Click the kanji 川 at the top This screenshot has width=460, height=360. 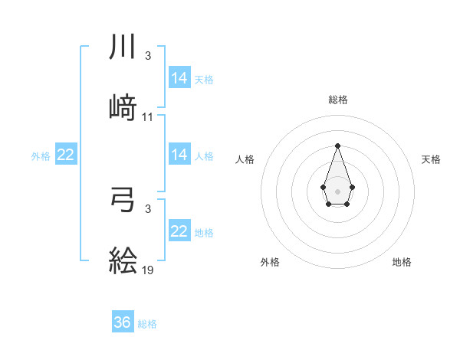click(x=123, y=47)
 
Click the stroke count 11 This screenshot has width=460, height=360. click(x=148, y=117)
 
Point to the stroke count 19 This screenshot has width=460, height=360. click(x=148, y=270)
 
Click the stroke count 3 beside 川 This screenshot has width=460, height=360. click(x=148, y=56)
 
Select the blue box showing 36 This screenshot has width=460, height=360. click(x=123, y=322)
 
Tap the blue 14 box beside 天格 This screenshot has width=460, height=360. click(x=179, y=78)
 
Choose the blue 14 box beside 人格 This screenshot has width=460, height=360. click(x=179, y=155)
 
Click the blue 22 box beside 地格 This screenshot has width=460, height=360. click(x=179, y=231)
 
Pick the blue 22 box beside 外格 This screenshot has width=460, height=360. click(x=66, y=155)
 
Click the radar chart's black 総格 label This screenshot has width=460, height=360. click(x=337, y=100)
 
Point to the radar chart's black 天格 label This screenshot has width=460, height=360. click(x=431, y=159)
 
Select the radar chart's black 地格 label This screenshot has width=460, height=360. click(x=402, y=262)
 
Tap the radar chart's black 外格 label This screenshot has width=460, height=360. click(x=270, y=262)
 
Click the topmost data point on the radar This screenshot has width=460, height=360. click(x=337, y=146)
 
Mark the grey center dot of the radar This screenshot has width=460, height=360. click(x=337, y=190)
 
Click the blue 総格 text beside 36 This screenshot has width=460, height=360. click(x=147, y=324)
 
